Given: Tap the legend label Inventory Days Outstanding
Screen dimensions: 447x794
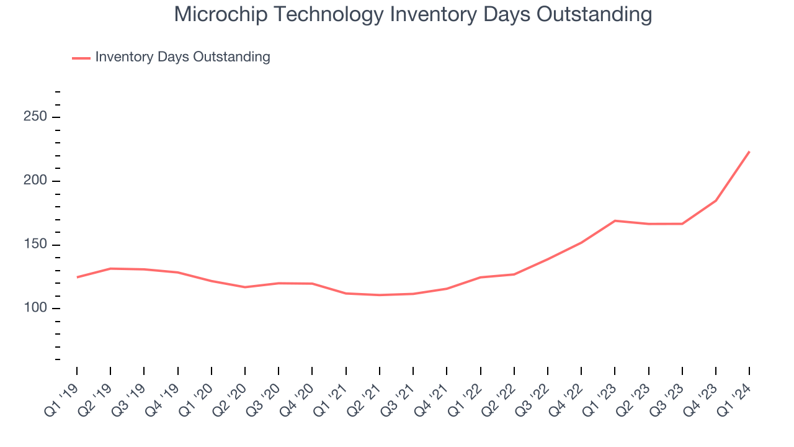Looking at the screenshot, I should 182,57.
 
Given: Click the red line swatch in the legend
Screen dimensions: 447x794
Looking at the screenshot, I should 81,58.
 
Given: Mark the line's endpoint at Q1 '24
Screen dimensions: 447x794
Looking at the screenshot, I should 749,151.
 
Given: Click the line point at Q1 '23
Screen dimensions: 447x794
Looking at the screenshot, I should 615,220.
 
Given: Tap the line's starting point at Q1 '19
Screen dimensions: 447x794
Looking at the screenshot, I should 77,277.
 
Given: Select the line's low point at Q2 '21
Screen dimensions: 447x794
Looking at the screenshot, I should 380,295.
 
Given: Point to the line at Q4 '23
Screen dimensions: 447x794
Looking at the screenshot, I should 716,201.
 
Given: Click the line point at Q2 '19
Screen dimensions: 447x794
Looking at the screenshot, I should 110,269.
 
